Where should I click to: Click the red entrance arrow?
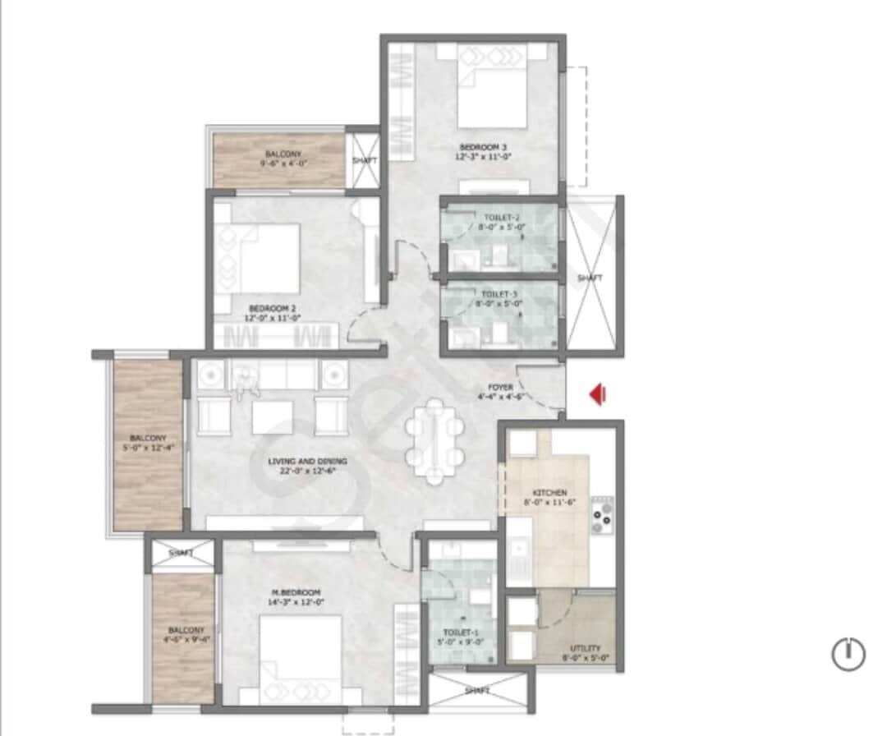click(x=598, y=395)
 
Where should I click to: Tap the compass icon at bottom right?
click(x=848, y=655)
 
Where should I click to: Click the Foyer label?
click(x=501, y=392)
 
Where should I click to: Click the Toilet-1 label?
click(x=460, y=637)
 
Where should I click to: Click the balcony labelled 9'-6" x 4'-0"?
click(x=279, y=159)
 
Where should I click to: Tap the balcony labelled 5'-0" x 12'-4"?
click(x=148, y=444)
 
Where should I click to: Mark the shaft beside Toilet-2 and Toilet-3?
click(x=591, y=278)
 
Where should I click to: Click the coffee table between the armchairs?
click(x=273, y=417)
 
